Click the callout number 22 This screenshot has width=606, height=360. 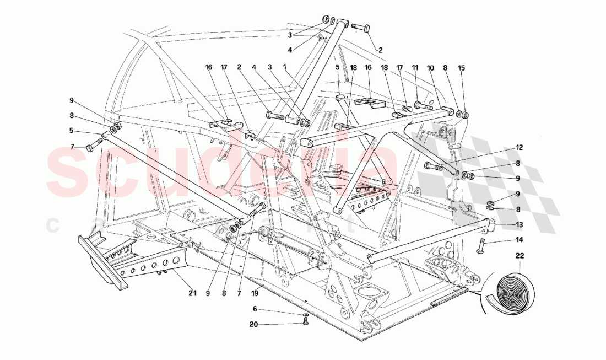point(520,256)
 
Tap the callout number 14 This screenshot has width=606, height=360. point(520,240)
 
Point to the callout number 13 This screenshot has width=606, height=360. point(520,224)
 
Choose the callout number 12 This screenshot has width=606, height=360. point(520,148)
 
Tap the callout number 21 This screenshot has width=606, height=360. point(192,293)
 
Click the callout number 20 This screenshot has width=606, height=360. point(254,324)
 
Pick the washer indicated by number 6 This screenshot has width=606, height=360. point(306,315)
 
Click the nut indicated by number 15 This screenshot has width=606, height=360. point(464,115)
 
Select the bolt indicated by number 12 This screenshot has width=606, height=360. point(432,165)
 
